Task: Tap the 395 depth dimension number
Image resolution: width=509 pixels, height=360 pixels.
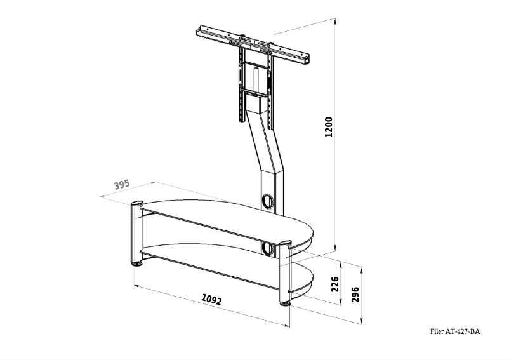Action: click(x=122, y=185)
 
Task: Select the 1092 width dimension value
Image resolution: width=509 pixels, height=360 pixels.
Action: click(x=211, y=299)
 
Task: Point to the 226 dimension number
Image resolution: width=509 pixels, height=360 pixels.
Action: click(x=336, y=282)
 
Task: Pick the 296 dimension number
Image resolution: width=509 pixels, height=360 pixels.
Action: click(x=355, y=295)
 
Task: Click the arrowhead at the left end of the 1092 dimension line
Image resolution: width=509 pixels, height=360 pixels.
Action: click(x=136, y=286)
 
